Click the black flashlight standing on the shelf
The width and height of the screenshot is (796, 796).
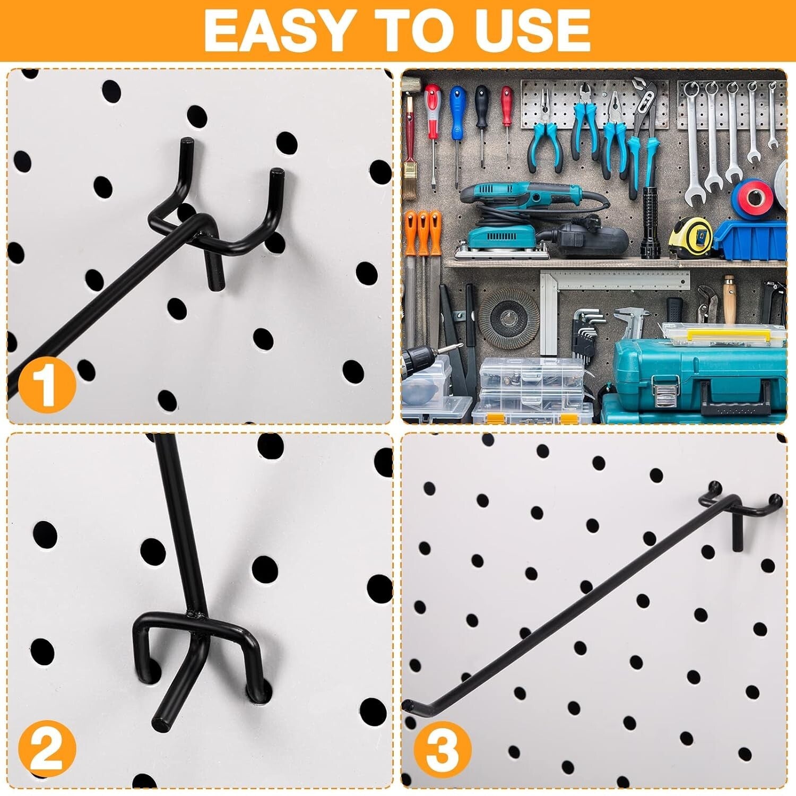tap(650, 223)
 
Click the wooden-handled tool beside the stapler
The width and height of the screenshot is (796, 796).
tap(729, 300)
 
